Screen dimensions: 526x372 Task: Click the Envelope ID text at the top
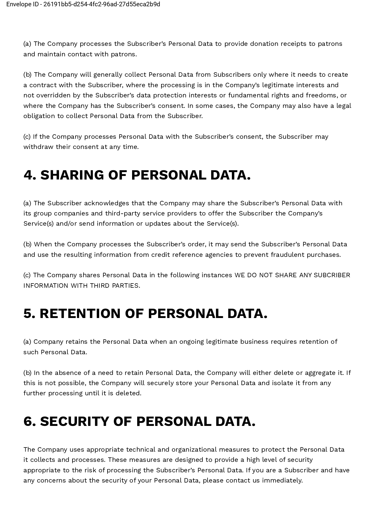pos(83,4)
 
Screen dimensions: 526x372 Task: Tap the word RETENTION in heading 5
pos(80,314)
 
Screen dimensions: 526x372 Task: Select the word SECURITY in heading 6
pos(74,421)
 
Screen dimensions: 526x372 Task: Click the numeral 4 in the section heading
pos(29,175)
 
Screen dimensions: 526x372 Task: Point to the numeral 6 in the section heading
pos(29,421)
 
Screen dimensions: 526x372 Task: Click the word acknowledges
pos(106,203)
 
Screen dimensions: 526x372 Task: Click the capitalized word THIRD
pos(100,286)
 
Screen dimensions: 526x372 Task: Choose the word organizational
pos(194,450)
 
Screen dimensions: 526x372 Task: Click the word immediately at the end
pos(282,480)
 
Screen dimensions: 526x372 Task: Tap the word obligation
pos(39,116)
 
